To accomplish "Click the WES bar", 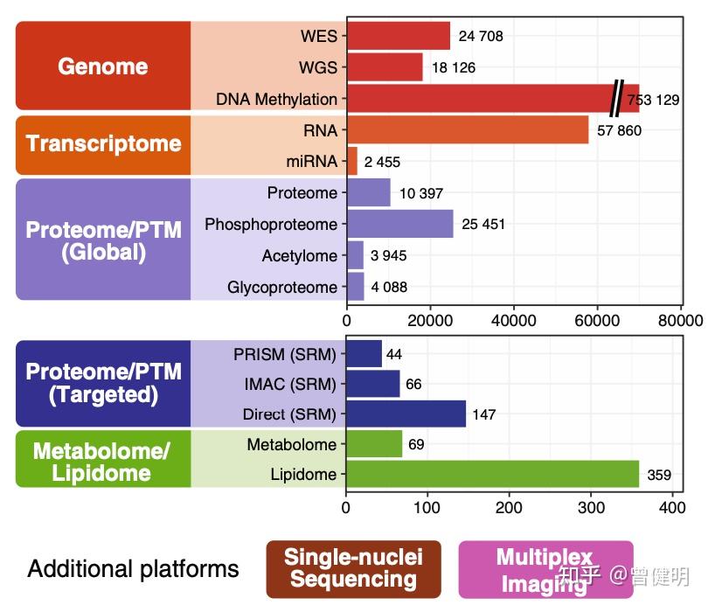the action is point(399,36).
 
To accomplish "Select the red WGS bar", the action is point(385,66).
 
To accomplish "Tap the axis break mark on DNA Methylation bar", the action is point(617,98).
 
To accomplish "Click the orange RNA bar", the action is point(468,129).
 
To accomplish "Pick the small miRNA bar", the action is point(352,161).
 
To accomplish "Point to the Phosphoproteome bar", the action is point(400,224).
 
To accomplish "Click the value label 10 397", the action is point(420,193).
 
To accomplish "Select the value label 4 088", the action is point(389,287).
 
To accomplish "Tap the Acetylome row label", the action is point(299,256).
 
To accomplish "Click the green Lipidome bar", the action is point(493,474).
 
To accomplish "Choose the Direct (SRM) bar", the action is point(406,414).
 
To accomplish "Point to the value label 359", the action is point(659,475).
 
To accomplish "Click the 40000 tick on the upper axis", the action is point(513,321).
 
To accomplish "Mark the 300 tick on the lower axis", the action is point(591,507).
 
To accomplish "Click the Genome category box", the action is point(103,66).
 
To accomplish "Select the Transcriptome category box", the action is point(103,145).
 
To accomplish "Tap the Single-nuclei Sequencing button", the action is point(353,569).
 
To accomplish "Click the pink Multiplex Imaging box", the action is point(546,569).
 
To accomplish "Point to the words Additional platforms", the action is point(133,569).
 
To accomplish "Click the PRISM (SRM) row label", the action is point(284,354).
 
